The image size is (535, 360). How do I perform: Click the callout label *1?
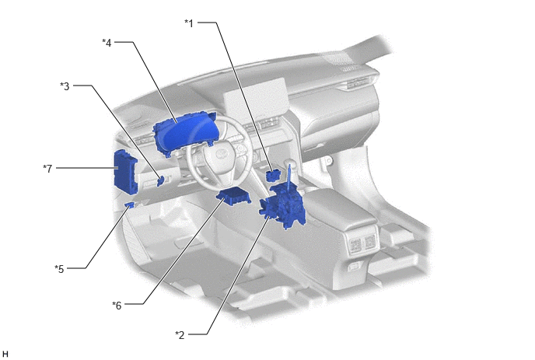tap(189, 23)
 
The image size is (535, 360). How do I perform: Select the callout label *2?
tap(180, 335)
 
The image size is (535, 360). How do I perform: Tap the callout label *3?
tap(65, 86)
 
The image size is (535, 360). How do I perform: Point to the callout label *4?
tap(107, 43)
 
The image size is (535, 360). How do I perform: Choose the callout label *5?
tap(59, 269)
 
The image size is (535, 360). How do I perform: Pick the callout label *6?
tap(117, 306)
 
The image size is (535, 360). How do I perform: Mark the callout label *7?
tap(47, 169)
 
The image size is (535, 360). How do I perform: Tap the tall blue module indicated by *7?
tap(124, 173)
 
